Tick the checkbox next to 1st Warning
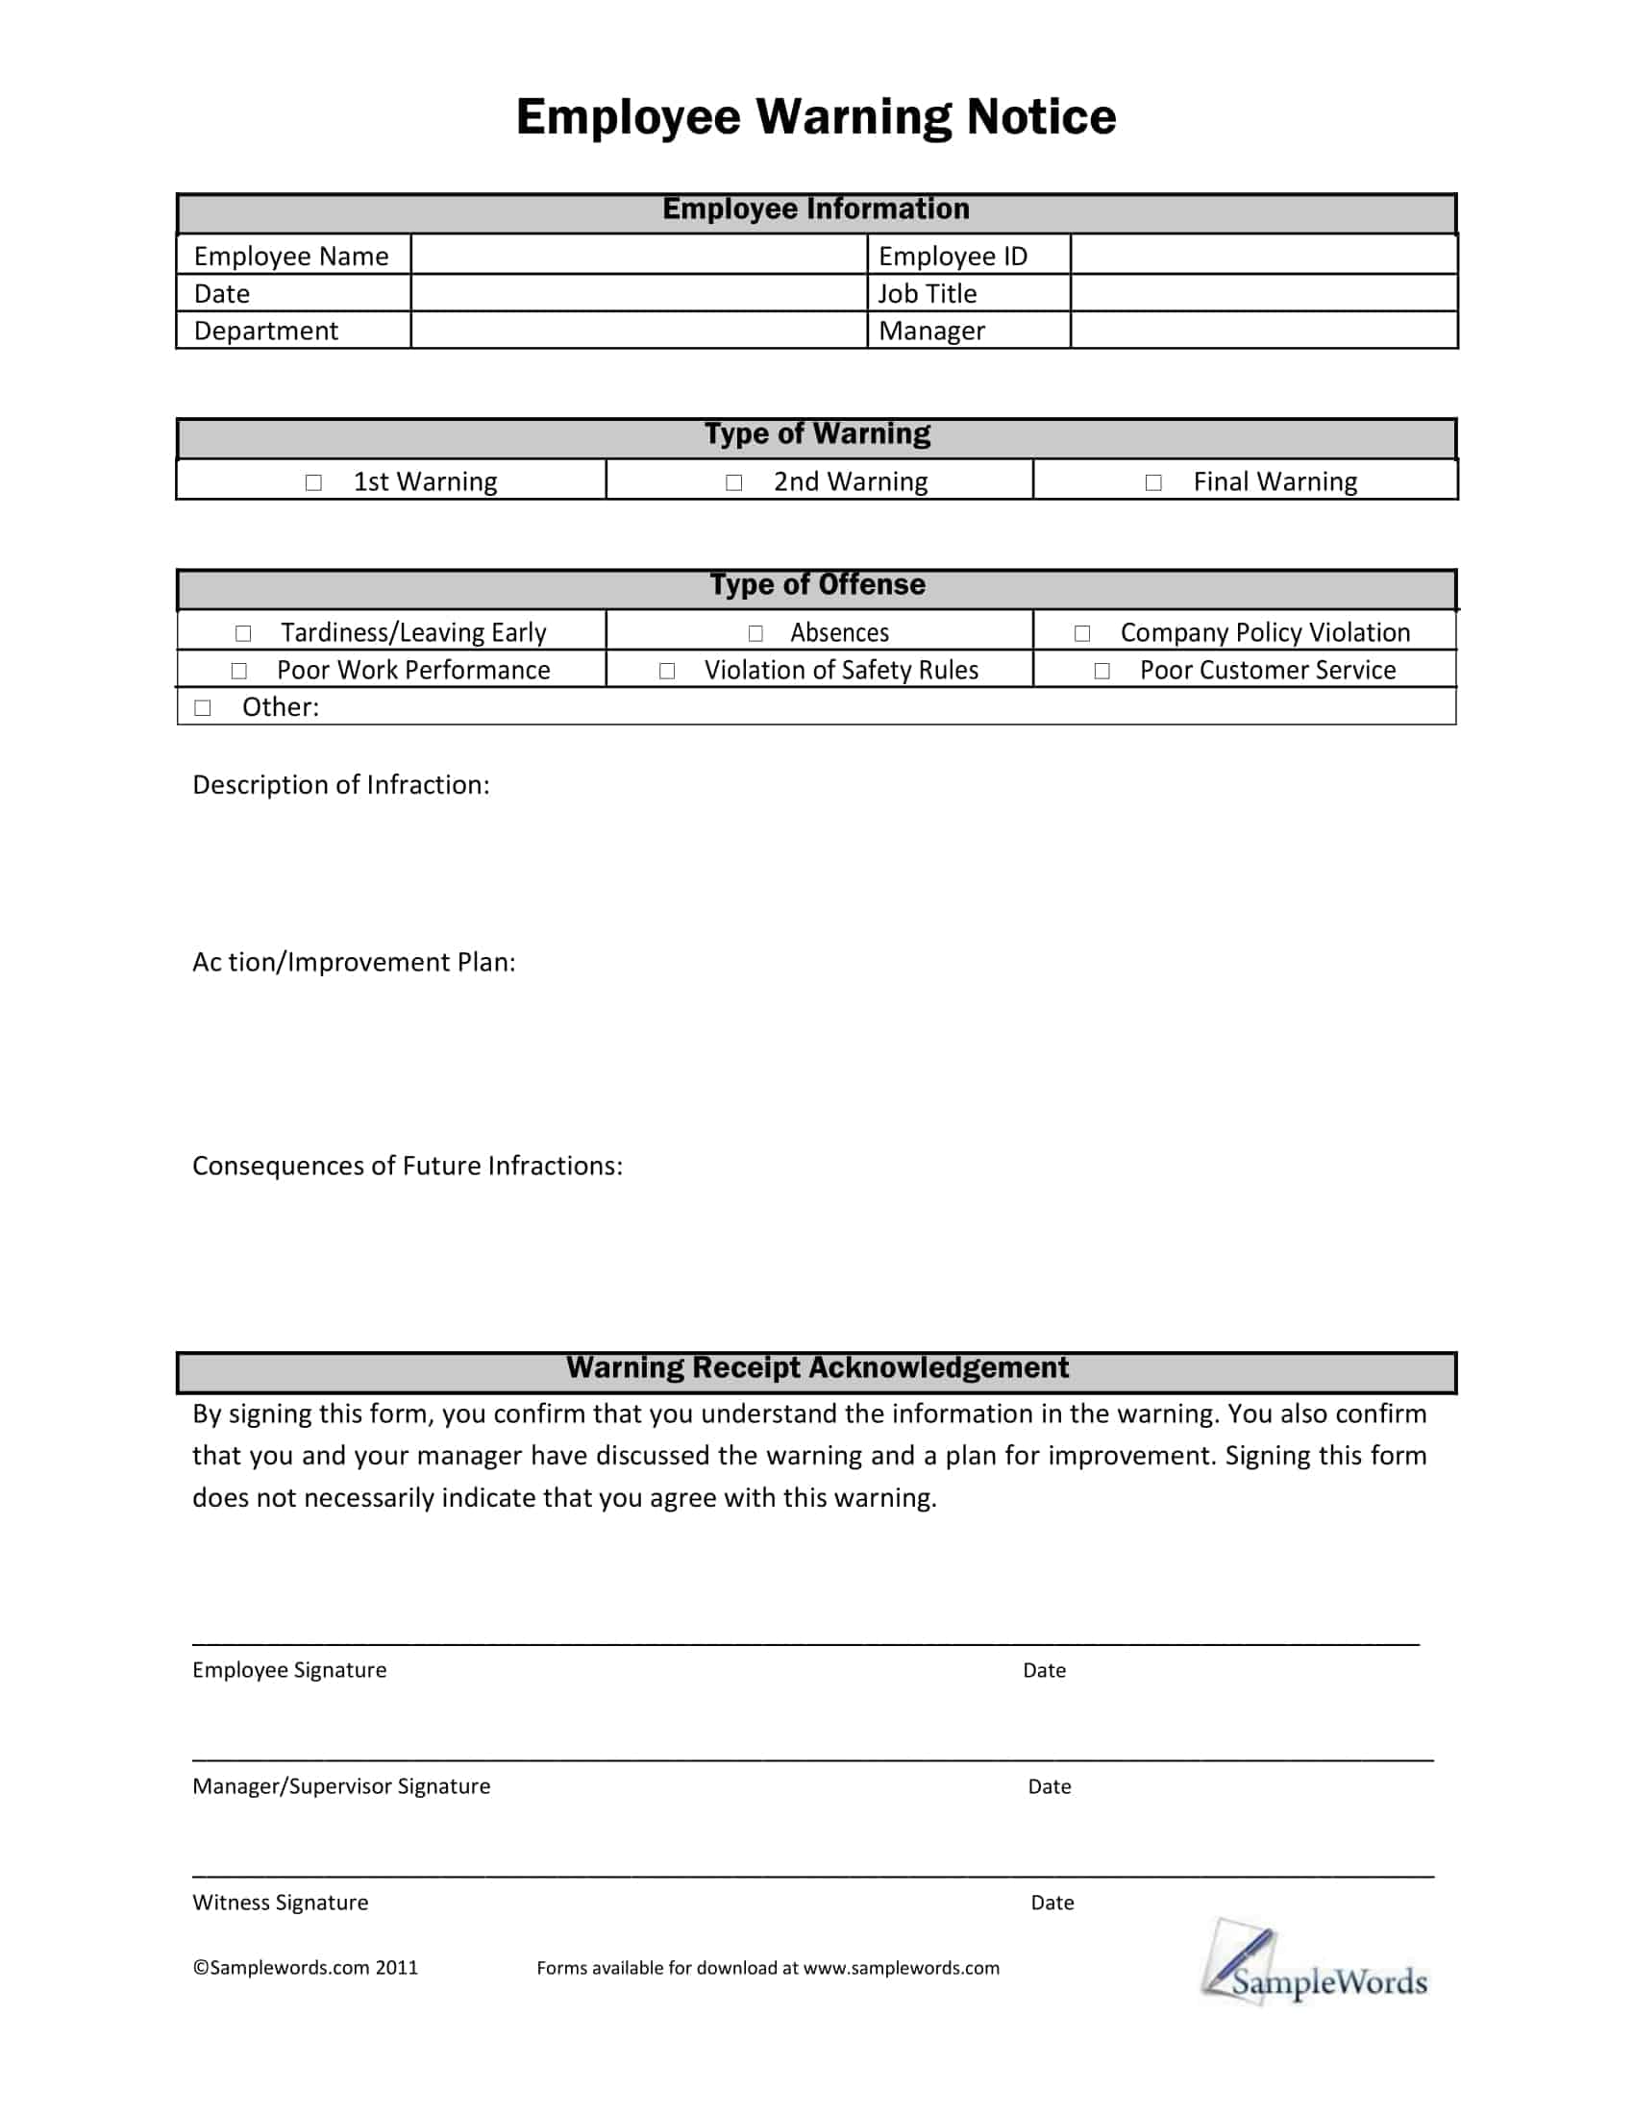point(313,482)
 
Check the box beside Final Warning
point(1152,482)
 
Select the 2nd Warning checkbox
point(733,482)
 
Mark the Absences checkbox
point(755,633)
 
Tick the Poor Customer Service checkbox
point(1102,671)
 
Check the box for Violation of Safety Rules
point(667,671)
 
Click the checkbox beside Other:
point(202,707)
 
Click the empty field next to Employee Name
point(638,256)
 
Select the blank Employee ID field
point(1262,256)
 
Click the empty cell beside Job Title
point(1262,293)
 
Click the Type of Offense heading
point(817,584)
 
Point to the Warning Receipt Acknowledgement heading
point(817,1367)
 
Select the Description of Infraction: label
point(341,785)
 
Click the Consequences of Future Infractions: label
point(407,1166)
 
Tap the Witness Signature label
point(280,1902)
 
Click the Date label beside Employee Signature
point(1044,1670)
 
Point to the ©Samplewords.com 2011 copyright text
point(305,1967)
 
